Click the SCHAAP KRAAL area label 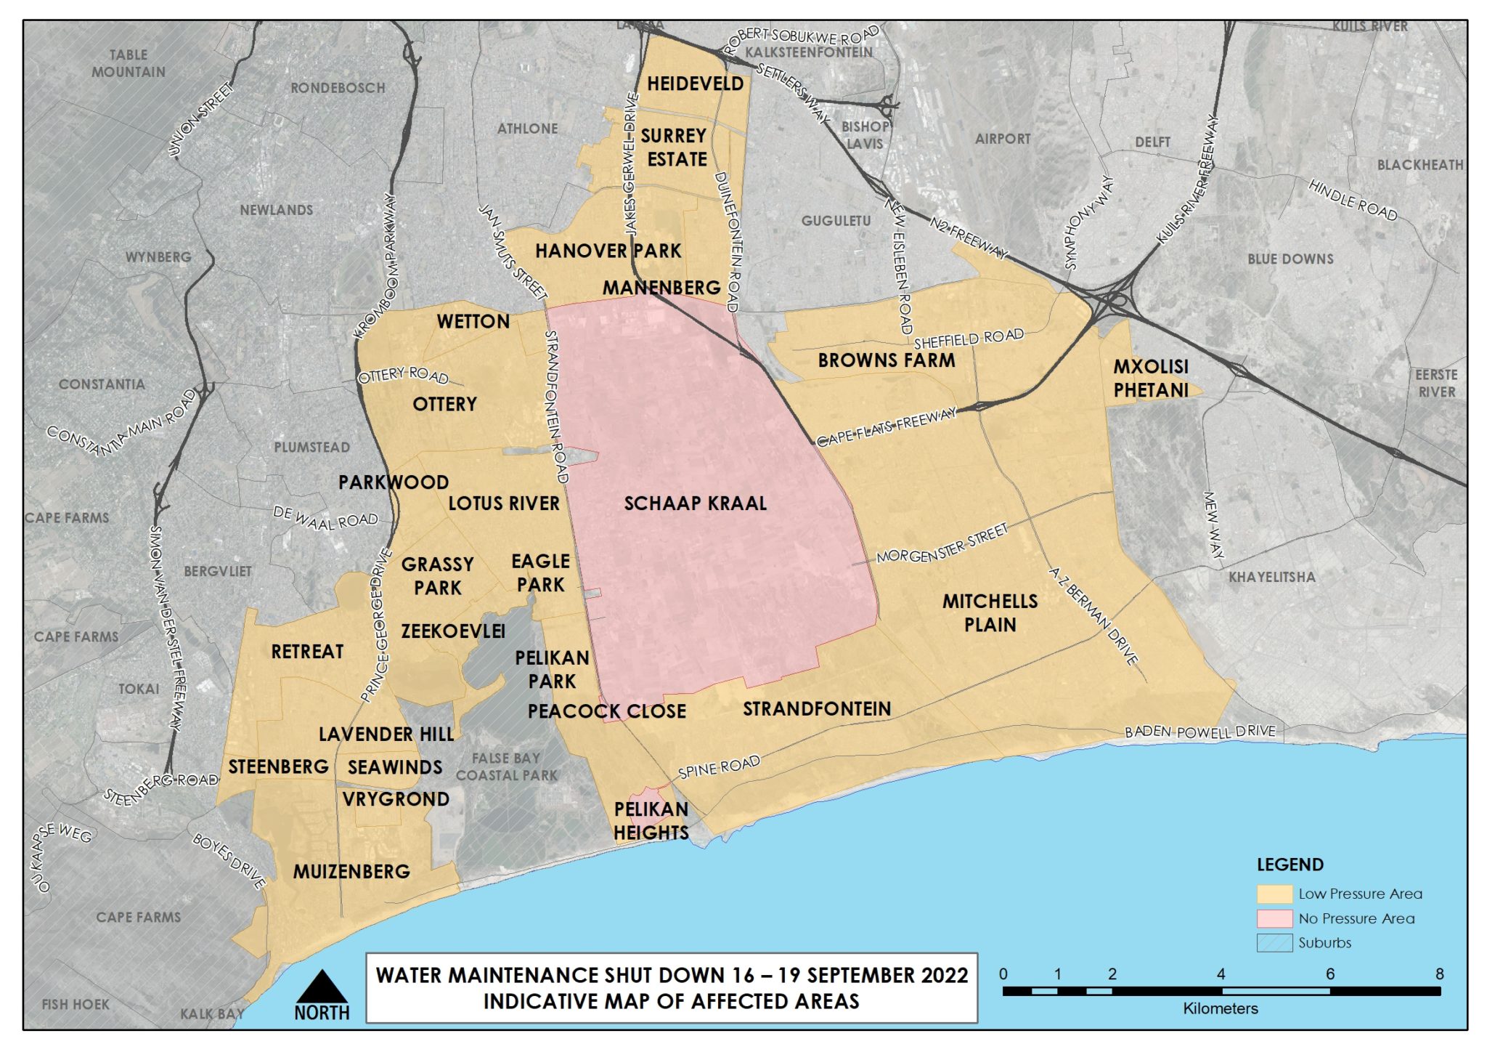click(695, 503)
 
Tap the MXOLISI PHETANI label click(1151, 378)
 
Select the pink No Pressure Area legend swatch click(1274, 918)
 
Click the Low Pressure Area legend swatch click(1274, 894)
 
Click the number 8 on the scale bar click(1439, 974)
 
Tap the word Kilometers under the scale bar click(1220, 1008)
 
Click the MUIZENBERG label click(351, 871)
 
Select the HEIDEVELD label click(695, 84)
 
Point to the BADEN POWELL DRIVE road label click(1199, 731)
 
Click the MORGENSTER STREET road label click(942, 543)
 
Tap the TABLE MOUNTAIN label click(129, 63)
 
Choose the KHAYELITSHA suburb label click(1271, 577)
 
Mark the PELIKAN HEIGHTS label click(651, 820)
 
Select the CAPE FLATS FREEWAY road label click(887, 427)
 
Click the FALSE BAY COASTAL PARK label click(506, 766)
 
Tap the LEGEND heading click(1290, 865)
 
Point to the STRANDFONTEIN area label click(816, 708)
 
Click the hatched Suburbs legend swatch click(1274, 943)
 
